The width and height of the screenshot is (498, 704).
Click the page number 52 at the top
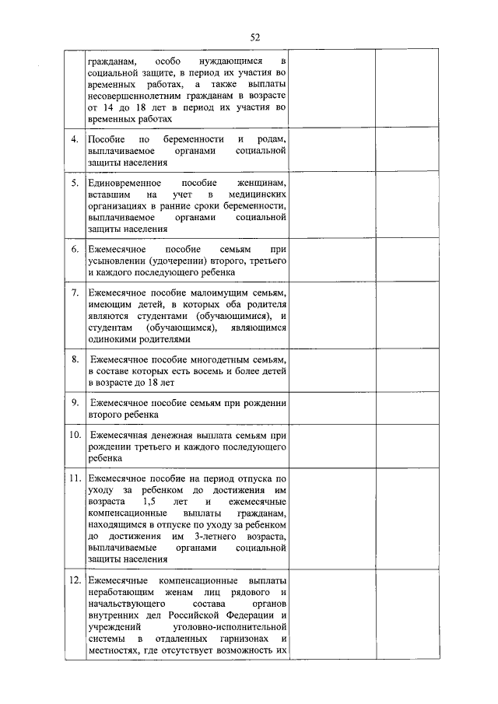[x=254, y=37]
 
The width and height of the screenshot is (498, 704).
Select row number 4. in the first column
[x=75, y=139]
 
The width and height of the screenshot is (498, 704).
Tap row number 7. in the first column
[x=75, y=293]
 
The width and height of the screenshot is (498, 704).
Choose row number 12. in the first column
[x=75, y=581]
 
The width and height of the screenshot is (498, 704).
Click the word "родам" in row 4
[x=273, y=139]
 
